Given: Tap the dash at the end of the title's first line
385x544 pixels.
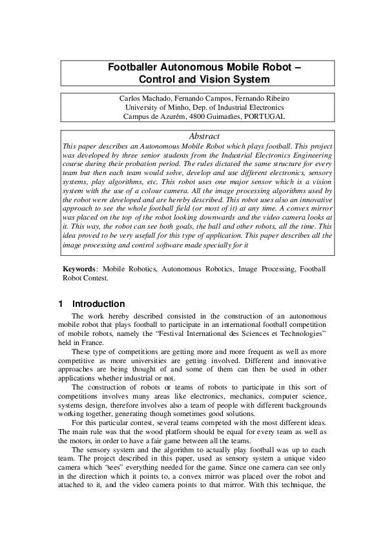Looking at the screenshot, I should pyautogui.click(x=297, y=67).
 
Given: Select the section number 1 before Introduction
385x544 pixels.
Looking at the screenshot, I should pyautogui.click(x=60, y=304).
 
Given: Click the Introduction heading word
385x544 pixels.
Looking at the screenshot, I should pyautogui.click(x=98, y=304).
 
